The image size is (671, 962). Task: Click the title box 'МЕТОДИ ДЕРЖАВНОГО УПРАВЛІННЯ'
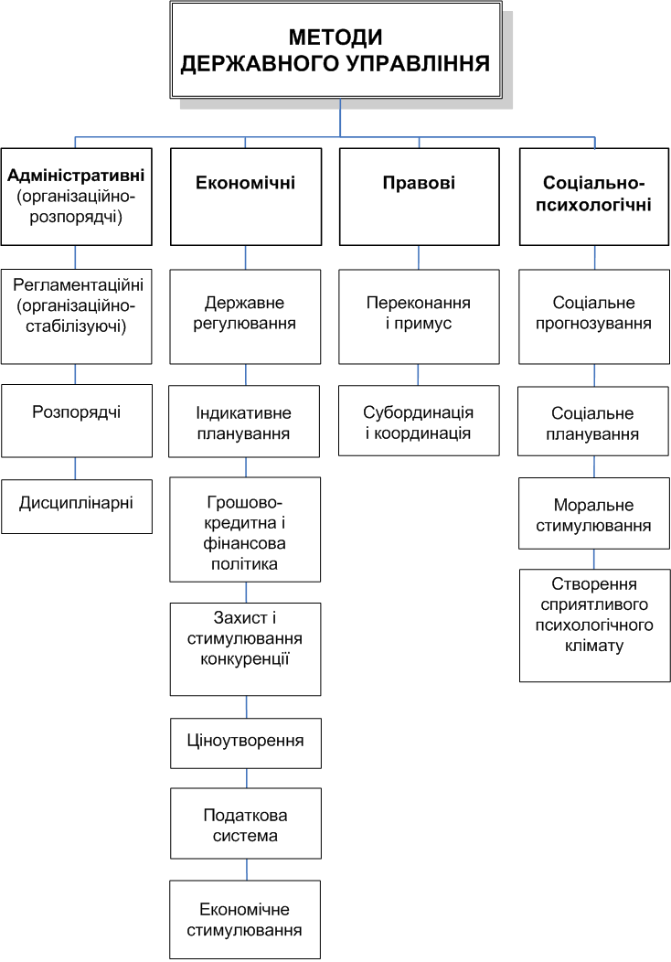click(335, 50)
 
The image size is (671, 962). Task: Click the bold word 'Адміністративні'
click(77, 174)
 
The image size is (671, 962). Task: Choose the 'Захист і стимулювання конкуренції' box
click(245, 648)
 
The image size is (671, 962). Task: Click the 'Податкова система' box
click(245, 823)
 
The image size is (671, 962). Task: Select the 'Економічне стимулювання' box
click(245, 919)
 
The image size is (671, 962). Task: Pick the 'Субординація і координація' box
click(419, 421)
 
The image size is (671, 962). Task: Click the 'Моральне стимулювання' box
click(594, 513)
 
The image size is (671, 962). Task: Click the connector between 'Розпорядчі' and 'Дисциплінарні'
click(75, 468)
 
